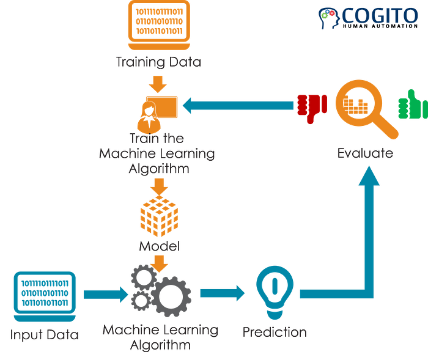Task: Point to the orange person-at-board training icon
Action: (160, 110)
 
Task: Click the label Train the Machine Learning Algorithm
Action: (158, 153)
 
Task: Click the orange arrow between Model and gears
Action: (160, 263)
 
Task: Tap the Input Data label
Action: (45, 335)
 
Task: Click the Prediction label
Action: (275, 333)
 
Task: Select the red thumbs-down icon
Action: (311, 106)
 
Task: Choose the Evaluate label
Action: (365, 153)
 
